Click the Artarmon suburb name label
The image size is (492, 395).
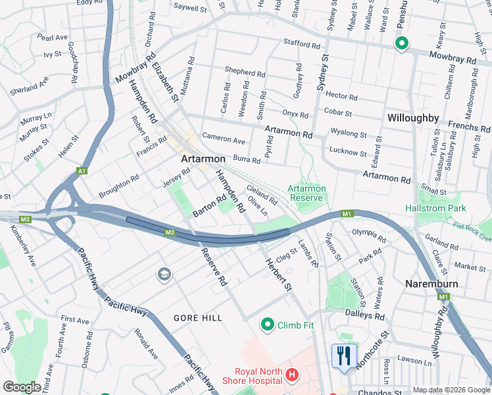[203, 159]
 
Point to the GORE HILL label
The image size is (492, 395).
[198, 317]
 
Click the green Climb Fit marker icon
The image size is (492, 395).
[268, 325]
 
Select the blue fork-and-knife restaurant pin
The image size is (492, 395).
[344, 357]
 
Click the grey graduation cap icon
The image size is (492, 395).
[164, 275]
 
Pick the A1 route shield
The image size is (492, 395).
[82, 171]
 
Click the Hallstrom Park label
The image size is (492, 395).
[437, 208]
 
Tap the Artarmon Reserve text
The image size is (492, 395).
[306, 193]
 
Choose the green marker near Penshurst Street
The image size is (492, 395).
[401, 43]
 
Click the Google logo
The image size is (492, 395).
[22, 387]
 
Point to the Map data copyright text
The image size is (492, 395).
[451, 390]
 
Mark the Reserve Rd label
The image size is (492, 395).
[214, 267]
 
